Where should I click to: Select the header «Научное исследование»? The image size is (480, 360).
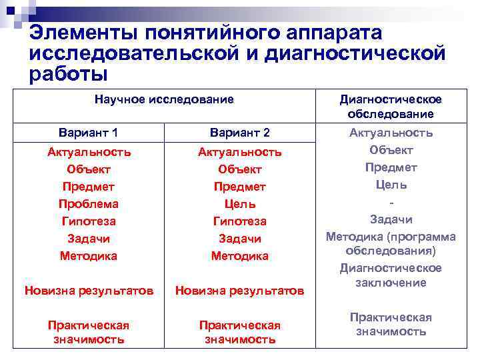[164, 99]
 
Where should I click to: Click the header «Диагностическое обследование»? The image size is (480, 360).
[391, 107]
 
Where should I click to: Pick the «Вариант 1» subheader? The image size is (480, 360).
[89, 132]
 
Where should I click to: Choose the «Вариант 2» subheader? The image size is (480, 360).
[239, 132]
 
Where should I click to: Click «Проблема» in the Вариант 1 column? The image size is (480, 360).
[89, 203]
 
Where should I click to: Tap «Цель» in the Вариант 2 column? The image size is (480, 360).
[239, 203]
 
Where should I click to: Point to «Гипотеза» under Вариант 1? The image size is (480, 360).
[89, 221]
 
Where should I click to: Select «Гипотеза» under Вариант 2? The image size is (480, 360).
[239, 221]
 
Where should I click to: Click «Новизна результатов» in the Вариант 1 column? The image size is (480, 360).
[89, 290]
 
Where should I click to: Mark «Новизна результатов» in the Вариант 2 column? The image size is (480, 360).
[239, 290]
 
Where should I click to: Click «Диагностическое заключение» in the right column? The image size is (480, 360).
[391, 275]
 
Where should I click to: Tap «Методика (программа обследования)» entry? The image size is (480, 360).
[391, 243]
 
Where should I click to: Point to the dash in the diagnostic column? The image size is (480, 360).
[391, 202]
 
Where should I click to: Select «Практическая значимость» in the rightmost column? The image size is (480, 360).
[391, 324]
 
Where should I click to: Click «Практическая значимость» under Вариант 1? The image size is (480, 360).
[89, 332]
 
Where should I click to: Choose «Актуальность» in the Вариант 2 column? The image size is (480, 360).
[239, 152]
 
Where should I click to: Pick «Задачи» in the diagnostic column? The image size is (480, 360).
[391, 219]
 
